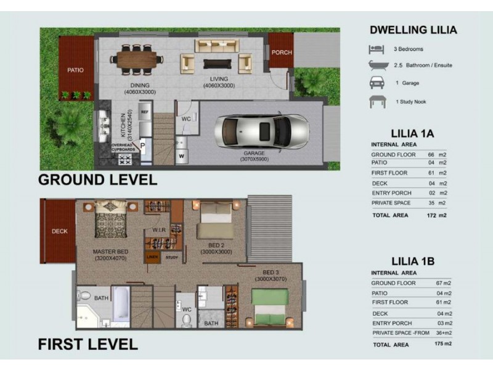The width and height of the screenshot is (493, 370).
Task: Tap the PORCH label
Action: (x=282, y=52)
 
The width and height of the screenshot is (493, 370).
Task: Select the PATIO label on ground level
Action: (x=75, y=70)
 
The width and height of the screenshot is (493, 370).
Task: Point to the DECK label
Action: (x=59, y=231)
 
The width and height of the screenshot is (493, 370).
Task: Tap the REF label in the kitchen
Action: (x=145, y=112)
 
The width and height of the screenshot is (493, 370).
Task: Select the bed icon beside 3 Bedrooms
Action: (x=376, y=49)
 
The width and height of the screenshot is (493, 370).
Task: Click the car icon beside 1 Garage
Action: (x=376, y=83)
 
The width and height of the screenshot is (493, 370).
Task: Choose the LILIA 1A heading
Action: (x=413, y=132)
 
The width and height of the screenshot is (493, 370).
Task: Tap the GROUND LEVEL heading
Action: (x=97, y=180)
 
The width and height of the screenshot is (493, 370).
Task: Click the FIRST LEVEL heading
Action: (x=88, y=343)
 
